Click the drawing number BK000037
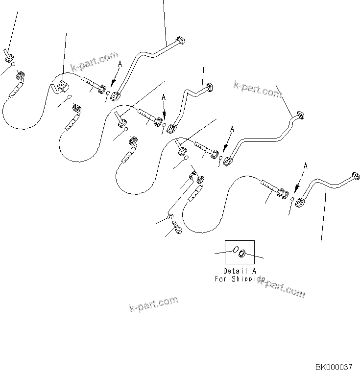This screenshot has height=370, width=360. (337, 366)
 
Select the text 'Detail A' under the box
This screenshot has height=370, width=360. (239, 271)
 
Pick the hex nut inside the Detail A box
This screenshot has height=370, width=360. (241, 253)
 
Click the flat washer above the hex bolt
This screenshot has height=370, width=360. (169, 216)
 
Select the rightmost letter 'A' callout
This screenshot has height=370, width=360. (305, 166)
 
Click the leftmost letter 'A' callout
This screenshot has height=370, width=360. (120, 64)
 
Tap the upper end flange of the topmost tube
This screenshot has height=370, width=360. (180, 42)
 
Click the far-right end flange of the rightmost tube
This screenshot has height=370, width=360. (355, 177)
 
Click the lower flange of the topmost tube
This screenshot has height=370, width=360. (115, 96)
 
